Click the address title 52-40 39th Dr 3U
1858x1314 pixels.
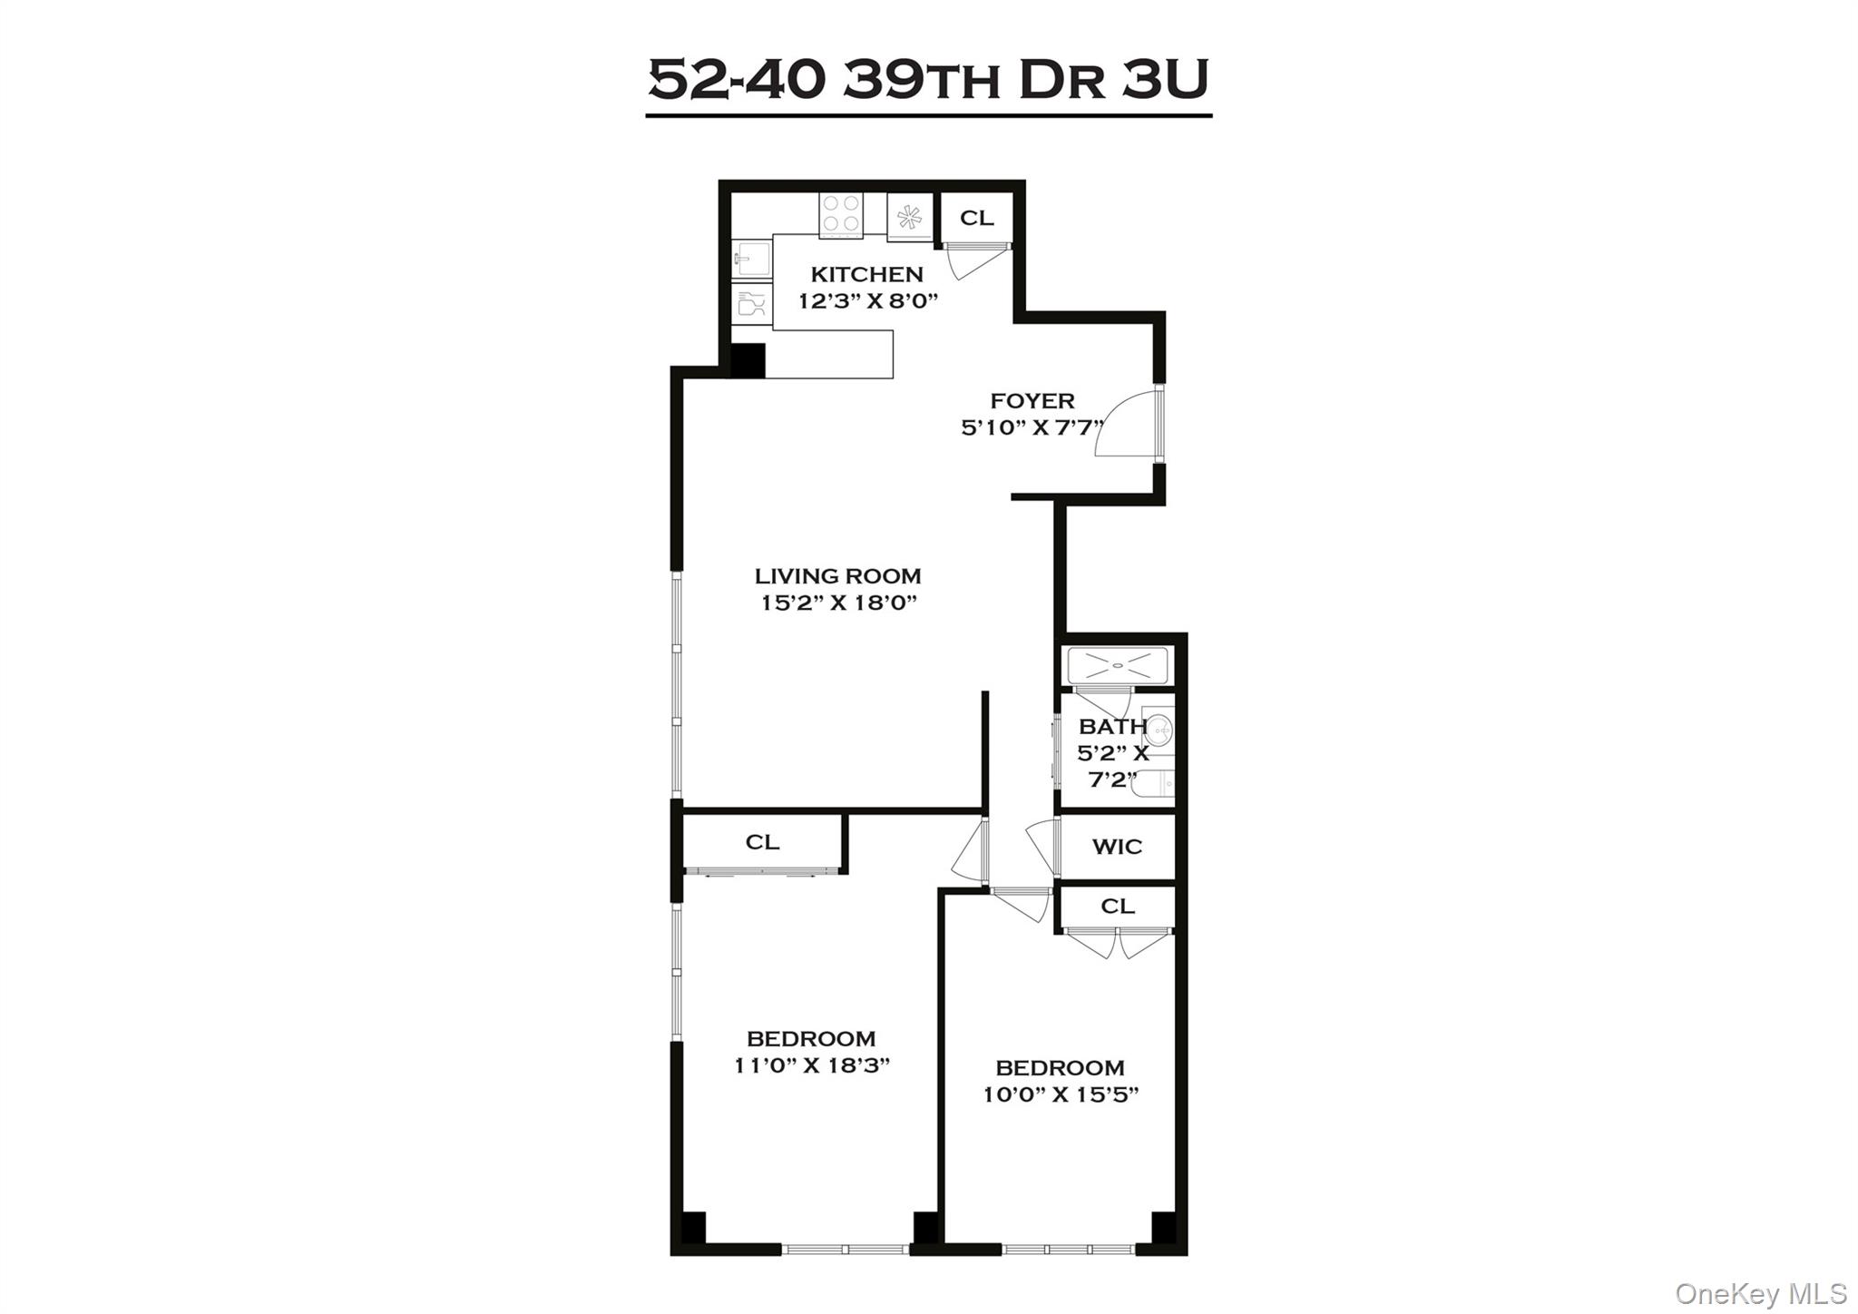(x=928, y=81)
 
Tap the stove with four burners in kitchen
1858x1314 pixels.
(x=840, y=215)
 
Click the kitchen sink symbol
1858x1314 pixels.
(x=750, y=259)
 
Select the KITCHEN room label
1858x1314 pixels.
(x=866, y=274)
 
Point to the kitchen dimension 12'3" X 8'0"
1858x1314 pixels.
(x=867, y=301)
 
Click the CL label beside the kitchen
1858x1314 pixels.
(x=976, y=218)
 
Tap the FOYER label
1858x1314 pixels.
(x=1032, y=401)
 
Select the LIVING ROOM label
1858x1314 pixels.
(x=837, y=576)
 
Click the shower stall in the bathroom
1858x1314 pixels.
(x=1118, y=666)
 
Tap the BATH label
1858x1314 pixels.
(x=1111, y=727)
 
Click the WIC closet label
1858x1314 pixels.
(x=1117, y=847)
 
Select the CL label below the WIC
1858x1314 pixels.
(x=1117, y=907)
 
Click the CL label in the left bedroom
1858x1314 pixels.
(x=762, y=842)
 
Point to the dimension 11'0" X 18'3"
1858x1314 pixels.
(x=811, y=1065)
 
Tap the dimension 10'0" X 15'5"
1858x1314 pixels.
(x=1060, y=1094)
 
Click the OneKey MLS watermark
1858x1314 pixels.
(x=1760, y=1293)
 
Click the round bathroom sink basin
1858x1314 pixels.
(x=1159, y=728)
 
